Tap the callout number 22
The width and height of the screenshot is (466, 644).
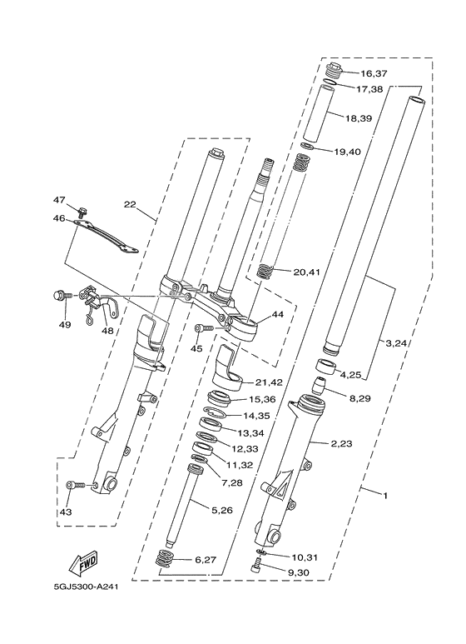[x=130, y=204]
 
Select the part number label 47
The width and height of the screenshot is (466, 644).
[x=60, y=200]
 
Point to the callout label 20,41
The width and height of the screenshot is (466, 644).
[x=307, y=272]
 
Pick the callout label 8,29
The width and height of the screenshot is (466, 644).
[x=360, y=400]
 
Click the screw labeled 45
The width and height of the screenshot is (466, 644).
[x=211, y=329]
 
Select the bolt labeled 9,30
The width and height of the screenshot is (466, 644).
[x=257, y=568]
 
